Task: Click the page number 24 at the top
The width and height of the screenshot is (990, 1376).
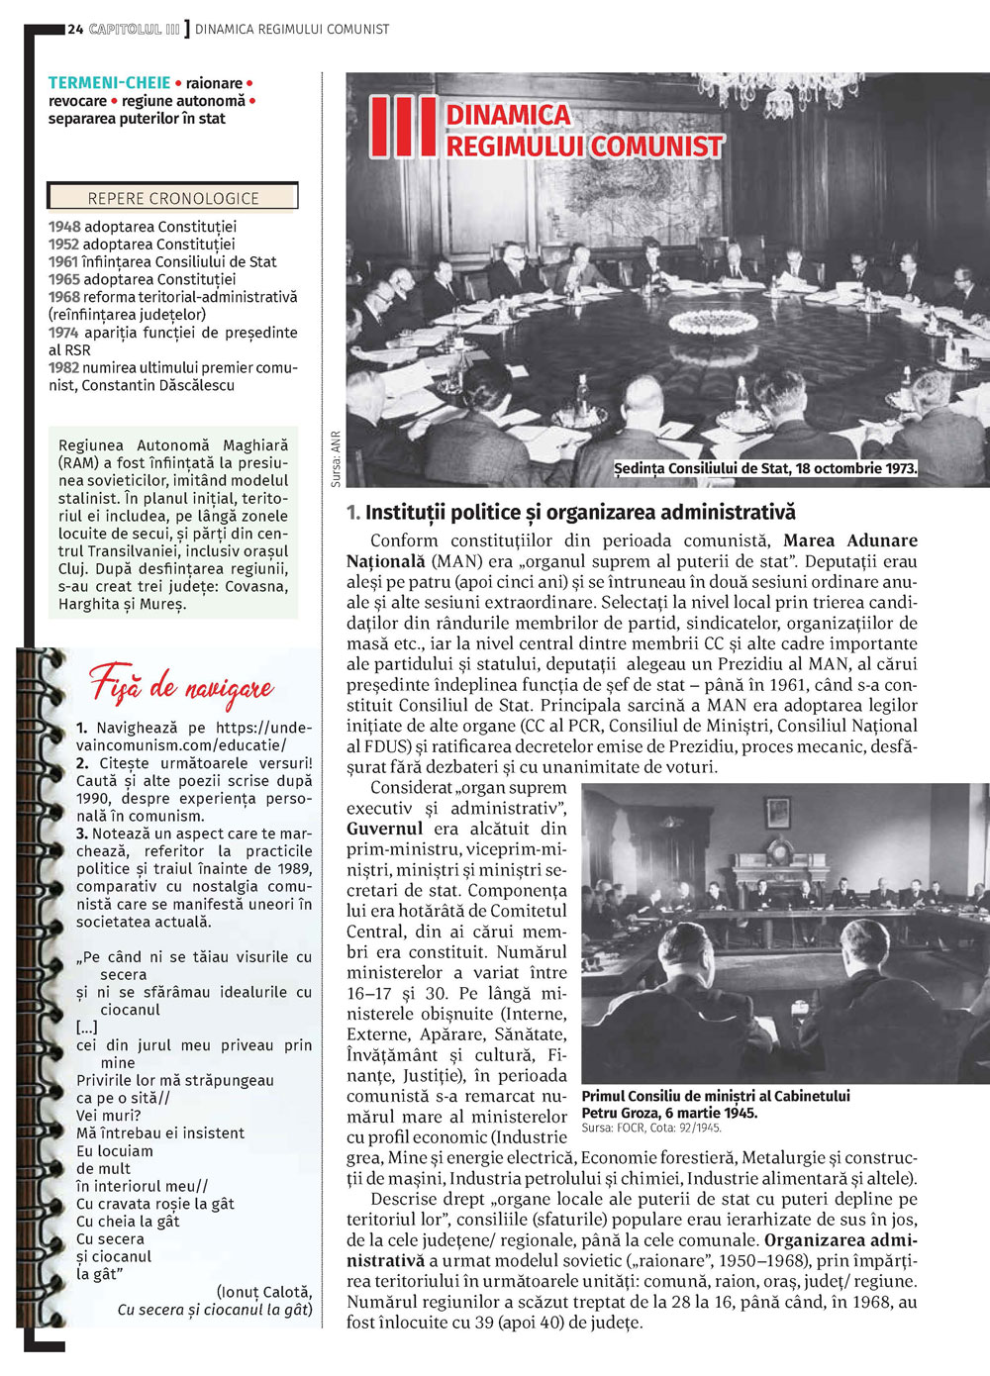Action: [x=75, y=30]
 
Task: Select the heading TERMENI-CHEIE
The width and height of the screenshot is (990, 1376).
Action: [x=109, y=83]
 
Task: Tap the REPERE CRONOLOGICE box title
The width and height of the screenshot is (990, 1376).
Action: [x=173, y=198]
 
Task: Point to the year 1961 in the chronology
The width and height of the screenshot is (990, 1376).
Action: [x=63, y=262]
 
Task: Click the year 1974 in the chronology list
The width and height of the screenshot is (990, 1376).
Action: [x=63, y=333]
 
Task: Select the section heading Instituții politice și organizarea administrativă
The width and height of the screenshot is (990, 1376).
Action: [x=580, y=513]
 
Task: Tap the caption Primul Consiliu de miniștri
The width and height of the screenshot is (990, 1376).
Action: [x=715, y=1096]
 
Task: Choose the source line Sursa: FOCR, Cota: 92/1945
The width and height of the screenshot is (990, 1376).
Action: [x=651, y=1128]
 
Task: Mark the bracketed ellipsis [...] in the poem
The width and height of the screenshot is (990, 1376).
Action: [x=87, y=1028]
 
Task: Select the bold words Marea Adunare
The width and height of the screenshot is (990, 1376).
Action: [x=850, y=541]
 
